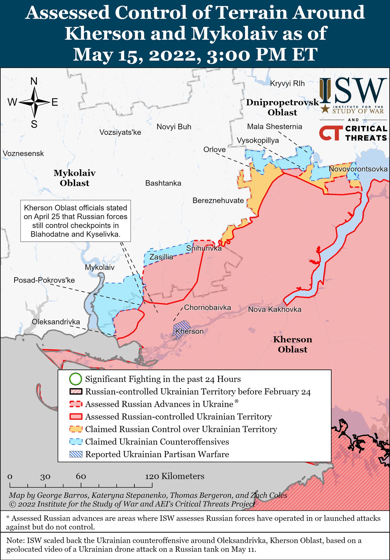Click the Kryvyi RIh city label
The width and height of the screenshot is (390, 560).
[x=287, y=83]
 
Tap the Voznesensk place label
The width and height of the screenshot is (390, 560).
[x=23, y=153]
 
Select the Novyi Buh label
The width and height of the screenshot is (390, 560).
[x=174, y=127]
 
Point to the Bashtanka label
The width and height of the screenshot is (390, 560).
[x=163, y=183]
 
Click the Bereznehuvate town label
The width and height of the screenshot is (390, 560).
[x=218, y=200]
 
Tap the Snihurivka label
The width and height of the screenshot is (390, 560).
[x=204, y=248]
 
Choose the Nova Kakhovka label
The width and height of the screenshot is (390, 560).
[x=275, y=309]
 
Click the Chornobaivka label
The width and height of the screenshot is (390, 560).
[x=207, y=307]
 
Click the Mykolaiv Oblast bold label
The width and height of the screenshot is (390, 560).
[x=74, y=178]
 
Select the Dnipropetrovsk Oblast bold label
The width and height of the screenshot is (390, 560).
[x=282, y=107]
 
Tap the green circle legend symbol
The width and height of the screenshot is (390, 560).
[x=76, y=379]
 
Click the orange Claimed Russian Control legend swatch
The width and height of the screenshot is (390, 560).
[x=76, y=429]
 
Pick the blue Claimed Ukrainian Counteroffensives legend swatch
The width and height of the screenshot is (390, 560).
[x=76, y=442]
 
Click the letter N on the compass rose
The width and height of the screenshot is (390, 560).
[x=34, y=81]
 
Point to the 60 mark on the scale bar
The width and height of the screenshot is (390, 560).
[x=81, y=477]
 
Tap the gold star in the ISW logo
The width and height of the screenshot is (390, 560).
[x=325, y=109]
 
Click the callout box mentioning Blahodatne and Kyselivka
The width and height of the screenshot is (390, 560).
[x=75, y=221]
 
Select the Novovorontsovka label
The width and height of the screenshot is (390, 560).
[x=358, y=169]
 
